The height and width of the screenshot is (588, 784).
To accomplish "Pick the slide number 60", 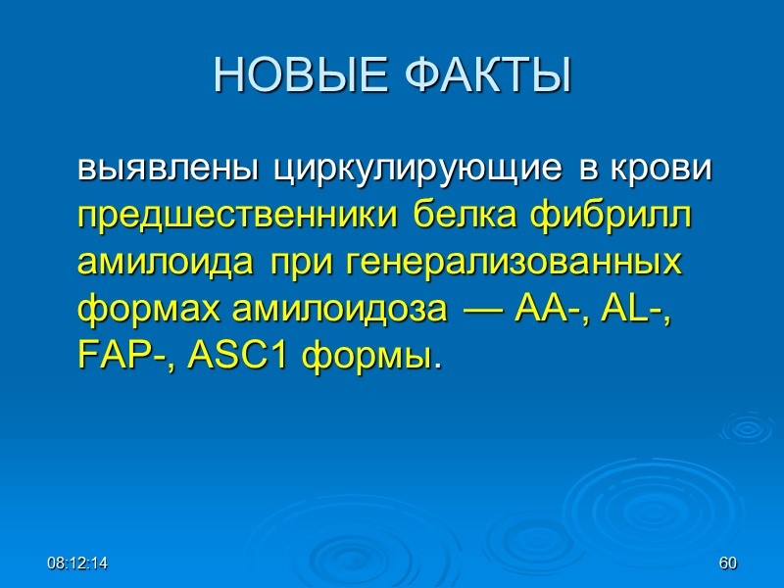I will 727,563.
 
